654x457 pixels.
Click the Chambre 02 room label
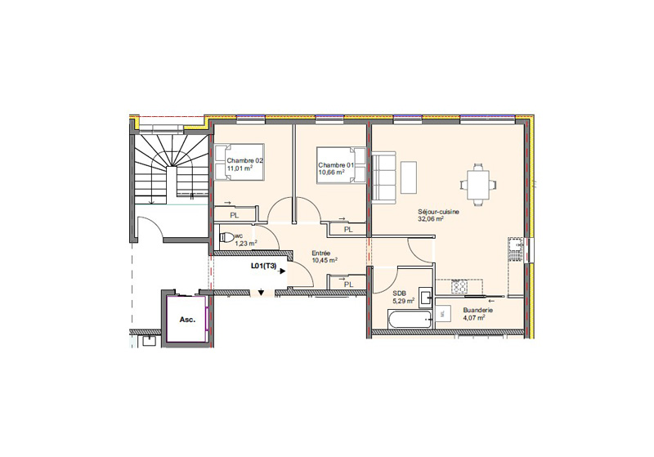point(244,160)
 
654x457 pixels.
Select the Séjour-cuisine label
point(438,212)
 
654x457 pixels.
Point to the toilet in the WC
point(227,238)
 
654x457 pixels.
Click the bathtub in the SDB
point(410,319)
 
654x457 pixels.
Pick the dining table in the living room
point(478,184)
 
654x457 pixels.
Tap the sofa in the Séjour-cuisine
point(383,178)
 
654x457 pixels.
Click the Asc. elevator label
point(187,320)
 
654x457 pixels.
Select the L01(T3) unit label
point(263,266)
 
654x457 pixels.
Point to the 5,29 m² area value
point(403,300)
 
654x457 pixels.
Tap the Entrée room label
point(321,253)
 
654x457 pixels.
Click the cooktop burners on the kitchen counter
point(459,286)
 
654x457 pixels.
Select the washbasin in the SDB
point(427,298)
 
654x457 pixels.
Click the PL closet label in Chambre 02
point(235,216)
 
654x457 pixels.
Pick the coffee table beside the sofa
point(409,177)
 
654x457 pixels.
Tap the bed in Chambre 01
point(341,165)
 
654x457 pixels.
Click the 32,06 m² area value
point(431,218)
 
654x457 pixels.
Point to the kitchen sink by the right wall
point(516,249)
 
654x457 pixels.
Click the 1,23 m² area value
point(246,244)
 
